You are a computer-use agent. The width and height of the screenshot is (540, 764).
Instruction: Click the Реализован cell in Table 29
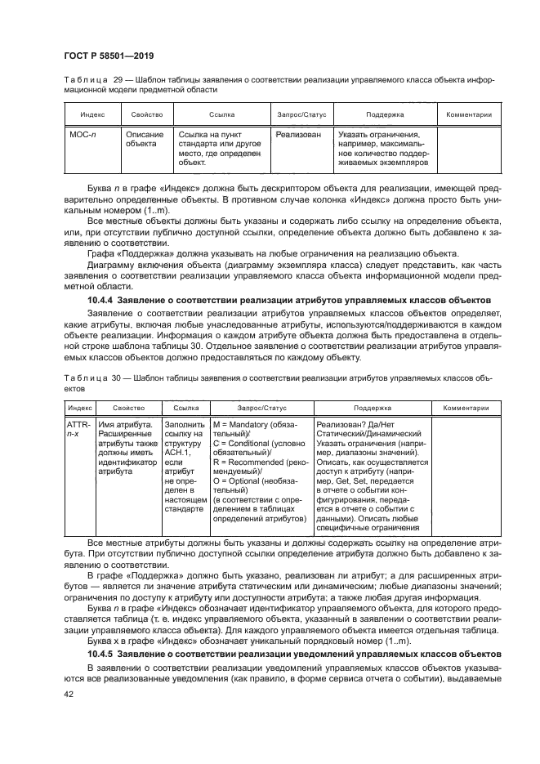tap(298, 135)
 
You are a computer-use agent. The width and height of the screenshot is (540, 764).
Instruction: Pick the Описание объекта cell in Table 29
tap(145, 139)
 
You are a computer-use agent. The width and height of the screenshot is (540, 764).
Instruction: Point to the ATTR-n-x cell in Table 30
tap(78, 430)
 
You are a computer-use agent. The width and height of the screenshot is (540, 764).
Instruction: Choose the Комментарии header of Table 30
tap(466, 407)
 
